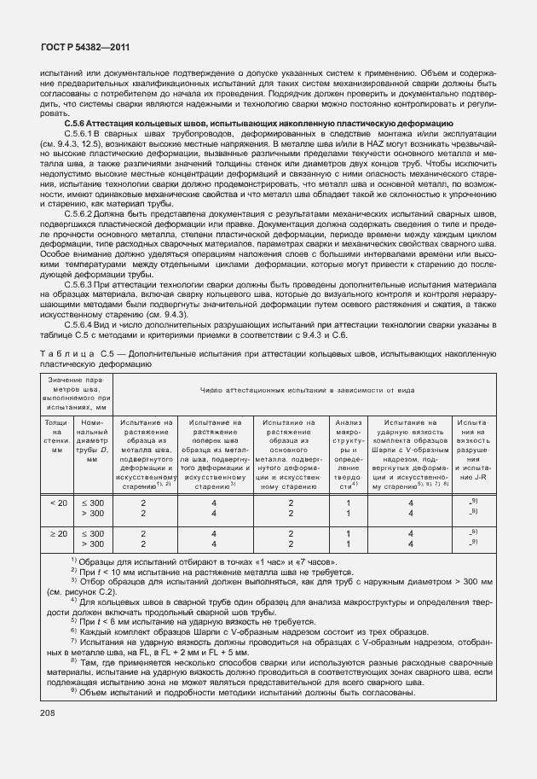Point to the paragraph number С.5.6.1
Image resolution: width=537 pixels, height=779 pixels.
[81, 134]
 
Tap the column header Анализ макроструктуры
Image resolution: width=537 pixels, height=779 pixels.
[349, 452]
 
